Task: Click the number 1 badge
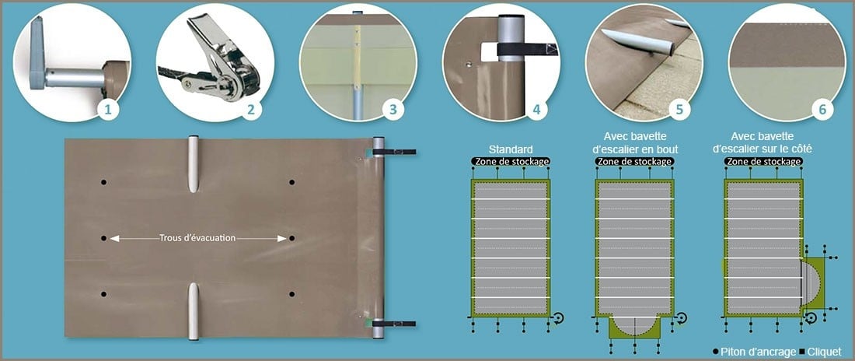(108, 110)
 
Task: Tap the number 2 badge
(251, 110)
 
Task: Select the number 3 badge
(393, 110)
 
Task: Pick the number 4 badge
(536, 110)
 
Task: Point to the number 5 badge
(679, 110)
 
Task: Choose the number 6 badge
(822, 110)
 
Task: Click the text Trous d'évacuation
(197, 238)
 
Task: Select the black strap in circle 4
(527, 50)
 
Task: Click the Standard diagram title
(511, 149)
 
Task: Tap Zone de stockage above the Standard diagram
(511, 162)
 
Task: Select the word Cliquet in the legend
(824, 352)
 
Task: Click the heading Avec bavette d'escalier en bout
(635, 142)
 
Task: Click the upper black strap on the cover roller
(394, 152)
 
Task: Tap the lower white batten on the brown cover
(193, 311)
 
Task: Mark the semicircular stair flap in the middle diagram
(635, 325)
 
